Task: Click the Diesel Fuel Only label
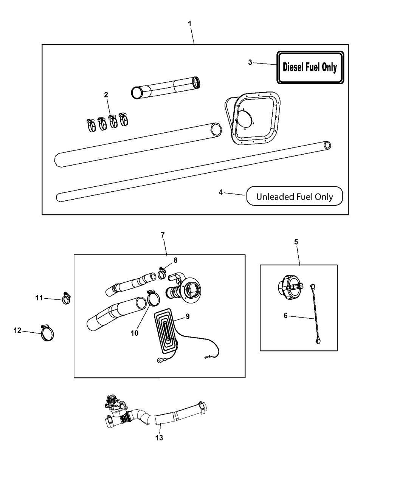pyautogui.click(x=310, y=67)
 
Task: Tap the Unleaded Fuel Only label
pyautogui.click(x=295, y=197)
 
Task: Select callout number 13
pyautogui.click(x=159, y=437)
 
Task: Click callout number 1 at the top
pyautogui.click(x=190, y=23)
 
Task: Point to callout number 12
pyautogui.click(x=17, y=330)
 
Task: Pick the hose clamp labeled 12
pyautogui.click(x=47, y=333)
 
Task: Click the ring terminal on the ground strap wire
pyautogui.click(x=159, y=360)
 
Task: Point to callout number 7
pyautogui.click(x=163, y=235)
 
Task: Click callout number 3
pyautogui.click(x=250, y=62)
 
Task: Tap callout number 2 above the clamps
pyautogui.click(x=106, y=95)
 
